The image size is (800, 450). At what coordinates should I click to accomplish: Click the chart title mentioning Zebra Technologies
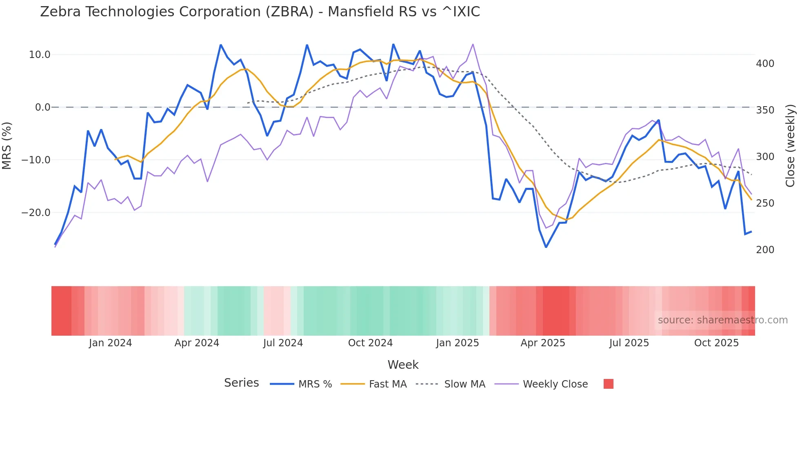(260, 12)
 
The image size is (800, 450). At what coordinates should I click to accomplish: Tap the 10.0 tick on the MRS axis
(40, 55)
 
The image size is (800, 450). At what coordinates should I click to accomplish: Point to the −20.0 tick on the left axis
(36, 213)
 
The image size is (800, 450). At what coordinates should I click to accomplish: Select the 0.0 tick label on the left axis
(42, 107)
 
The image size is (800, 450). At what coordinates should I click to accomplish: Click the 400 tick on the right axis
(765, 64)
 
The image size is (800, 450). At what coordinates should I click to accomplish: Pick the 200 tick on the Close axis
(765, 250)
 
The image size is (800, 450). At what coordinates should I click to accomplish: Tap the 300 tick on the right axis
(765, 157)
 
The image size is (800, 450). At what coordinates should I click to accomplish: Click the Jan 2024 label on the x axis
(110, 343)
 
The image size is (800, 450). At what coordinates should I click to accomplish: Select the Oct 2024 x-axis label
(370, 343)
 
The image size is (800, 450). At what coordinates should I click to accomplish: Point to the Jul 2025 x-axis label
(629, 343)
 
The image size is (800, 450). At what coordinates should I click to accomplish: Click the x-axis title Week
(403, 365)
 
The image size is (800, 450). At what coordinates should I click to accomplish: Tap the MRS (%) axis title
(7, 145)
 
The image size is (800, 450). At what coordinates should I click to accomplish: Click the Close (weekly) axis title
(790, 145)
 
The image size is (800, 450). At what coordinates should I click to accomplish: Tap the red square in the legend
(608, 384)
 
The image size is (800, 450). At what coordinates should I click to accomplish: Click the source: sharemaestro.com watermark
(722, 320)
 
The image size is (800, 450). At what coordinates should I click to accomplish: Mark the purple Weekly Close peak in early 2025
(473, 44)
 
